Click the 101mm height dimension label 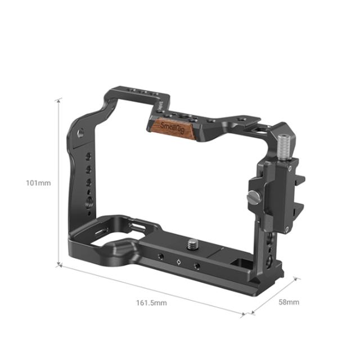click(x=38, y=183)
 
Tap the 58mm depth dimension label click(x=289, y=302)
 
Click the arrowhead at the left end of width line click(x=61, y=266)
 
